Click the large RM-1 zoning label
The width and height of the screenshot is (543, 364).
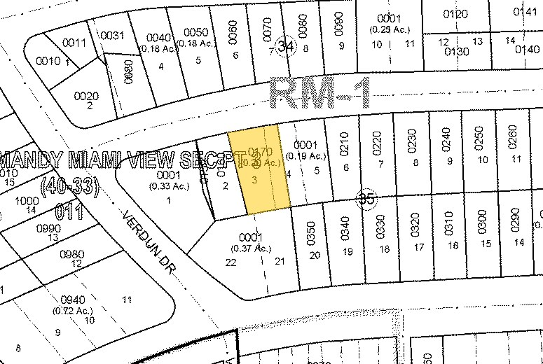coord(323,92)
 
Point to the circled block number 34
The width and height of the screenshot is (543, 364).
coord(284,46)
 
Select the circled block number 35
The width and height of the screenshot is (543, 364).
coord(366,199)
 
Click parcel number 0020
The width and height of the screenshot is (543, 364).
coord(86,96)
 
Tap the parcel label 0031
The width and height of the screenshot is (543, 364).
coord(112,36)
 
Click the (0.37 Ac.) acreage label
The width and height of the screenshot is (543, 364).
coord(251,248)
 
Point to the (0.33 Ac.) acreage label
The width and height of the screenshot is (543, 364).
coord(168,185)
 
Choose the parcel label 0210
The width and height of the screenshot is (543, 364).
coord(343,142)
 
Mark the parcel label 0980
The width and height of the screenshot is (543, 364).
coord(71,253)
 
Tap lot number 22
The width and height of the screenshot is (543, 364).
coord(231,262)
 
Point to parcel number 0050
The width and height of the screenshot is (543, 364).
coord(195,32)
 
